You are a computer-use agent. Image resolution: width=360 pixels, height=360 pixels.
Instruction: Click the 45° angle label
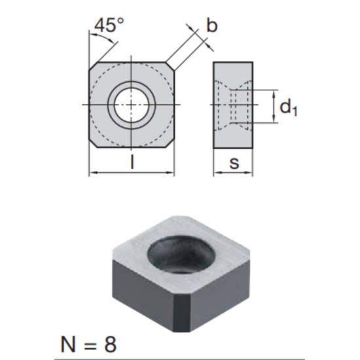[109, 25]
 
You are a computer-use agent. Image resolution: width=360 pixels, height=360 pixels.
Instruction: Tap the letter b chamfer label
[211, 26]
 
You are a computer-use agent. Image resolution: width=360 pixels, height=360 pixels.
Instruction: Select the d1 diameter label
[289, 107]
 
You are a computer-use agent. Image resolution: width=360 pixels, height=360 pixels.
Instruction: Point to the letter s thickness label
[234, 163]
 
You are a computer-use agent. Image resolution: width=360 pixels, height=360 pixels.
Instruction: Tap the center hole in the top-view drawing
[132, 105]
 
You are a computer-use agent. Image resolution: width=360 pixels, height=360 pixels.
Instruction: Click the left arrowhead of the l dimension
[92, 173]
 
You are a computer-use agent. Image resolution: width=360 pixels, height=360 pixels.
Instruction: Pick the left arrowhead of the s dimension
[217, 173]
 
